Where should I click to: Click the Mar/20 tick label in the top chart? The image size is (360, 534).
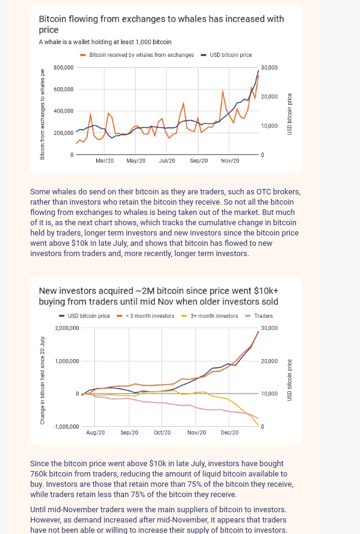tap(105, 161)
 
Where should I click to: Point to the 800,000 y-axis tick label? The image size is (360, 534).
tap(64, 67)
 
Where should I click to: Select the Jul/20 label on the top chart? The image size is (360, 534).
tap(167, 161)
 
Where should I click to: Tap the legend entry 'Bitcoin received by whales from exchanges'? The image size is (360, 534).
tap(137, 55)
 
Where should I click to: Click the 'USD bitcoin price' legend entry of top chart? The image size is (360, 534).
tap(226, 55)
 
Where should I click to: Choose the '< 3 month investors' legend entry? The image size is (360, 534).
tap(145, 315)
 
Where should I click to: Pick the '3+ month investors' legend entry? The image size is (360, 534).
tap(209, 315)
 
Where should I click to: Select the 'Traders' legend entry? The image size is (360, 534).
tap(259, 315)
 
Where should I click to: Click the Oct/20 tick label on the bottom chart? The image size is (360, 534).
tap(162, 432)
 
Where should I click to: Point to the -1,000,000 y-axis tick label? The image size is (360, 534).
tap(66, 426)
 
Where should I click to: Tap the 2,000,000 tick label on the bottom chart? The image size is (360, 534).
tap(67, 328)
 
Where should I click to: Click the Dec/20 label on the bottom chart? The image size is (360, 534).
tap(230, 432)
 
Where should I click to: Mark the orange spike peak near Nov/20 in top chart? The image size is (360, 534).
tap(223, 91)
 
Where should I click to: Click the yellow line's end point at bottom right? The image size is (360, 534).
tap(258, 426)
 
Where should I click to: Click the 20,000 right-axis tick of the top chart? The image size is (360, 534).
tap(269, 97)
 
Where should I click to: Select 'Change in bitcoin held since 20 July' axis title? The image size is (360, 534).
tap(42, 380)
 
